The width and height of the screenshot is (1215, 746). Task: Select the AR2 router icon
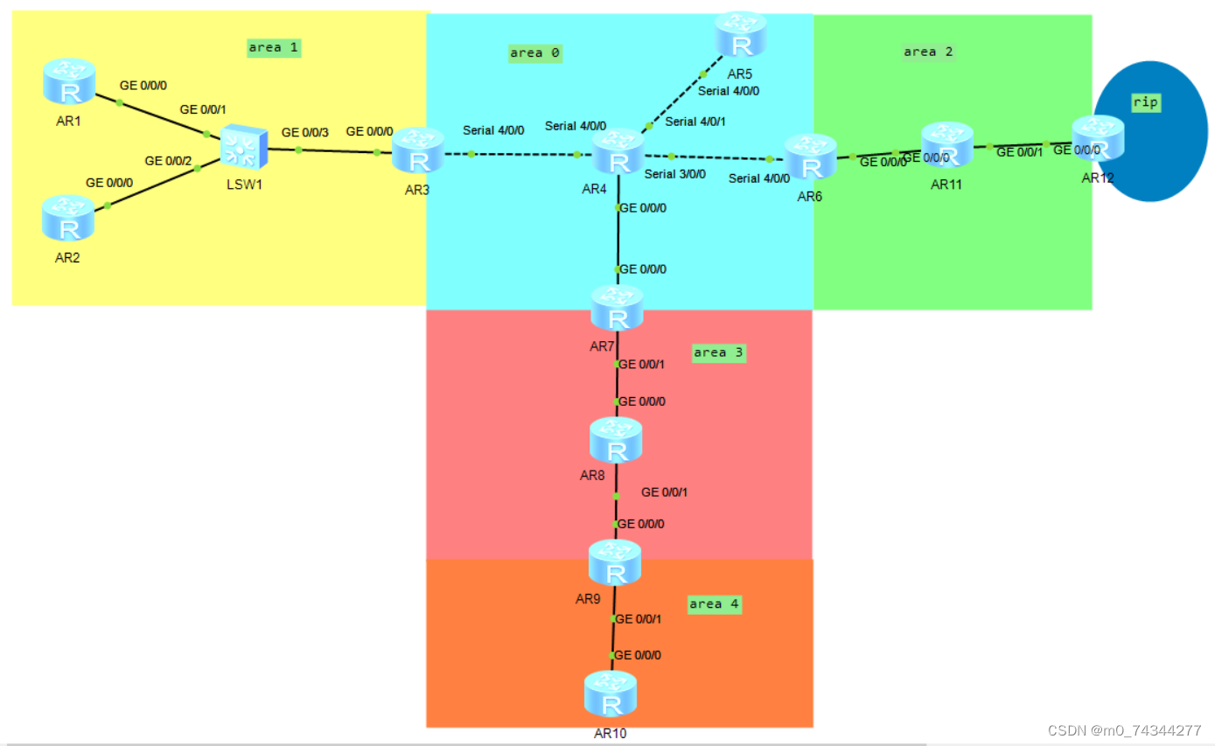(67, 218)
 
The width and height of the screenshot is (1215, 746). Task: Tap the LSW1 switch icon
(242, 147)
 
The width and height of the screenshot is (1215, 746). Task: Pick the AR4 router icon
(618, 152)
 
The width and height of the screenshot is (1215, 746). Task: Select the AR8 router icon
(616, 441)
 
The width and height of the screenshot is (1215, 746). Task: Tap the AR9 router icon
(615, 563)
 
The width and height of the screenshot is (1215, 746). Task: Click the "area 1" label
(274, 48)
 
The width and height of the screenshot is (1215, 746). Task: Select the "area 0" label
(534, 53)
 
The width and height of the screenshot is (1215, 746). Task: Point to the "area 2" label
(928, 52)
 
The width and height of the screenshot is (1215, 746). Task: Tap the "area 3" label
(717, 353)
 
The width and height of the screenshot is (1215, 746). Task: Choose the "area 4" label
(713, 604)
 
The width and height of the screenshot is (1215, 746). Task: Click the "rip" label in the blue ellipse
(1145, 102)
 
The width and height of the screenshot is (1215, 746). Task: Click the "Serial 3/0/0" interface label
(674, 174)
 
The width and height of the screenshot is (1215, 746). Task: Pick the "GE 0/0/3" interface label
(305, 133)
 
